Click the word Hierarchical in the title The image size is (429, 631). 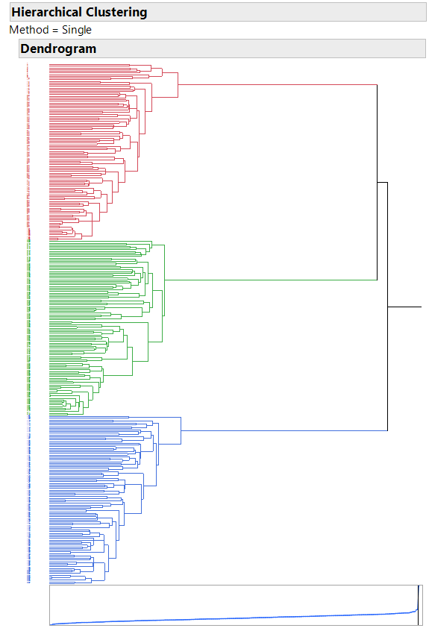click(46, 13)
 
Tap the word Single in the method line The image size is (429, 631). click(77, 30)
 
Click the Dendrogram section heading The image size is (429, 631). click(58, 49)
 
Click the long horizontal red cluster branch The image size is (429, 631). click(276, 85)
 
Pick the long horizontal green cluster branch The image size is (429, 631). click(269, 280)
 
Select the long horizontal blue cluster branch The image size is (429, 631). click(284, 430)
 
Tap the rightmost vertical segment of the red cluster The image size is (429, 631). click(178, 85)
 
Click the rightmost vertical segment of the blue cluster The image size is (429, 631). click(181, 430)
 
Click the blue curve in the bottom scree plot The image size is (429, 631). click(224, 619)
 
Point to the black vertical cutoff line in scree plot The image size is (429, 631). click(418, 604)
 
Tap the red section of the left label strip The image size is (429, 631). click(28, 149)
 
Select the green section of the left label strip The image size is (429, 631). click(28, 328)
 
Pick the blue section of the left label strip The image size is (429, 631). click(28, 500)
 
